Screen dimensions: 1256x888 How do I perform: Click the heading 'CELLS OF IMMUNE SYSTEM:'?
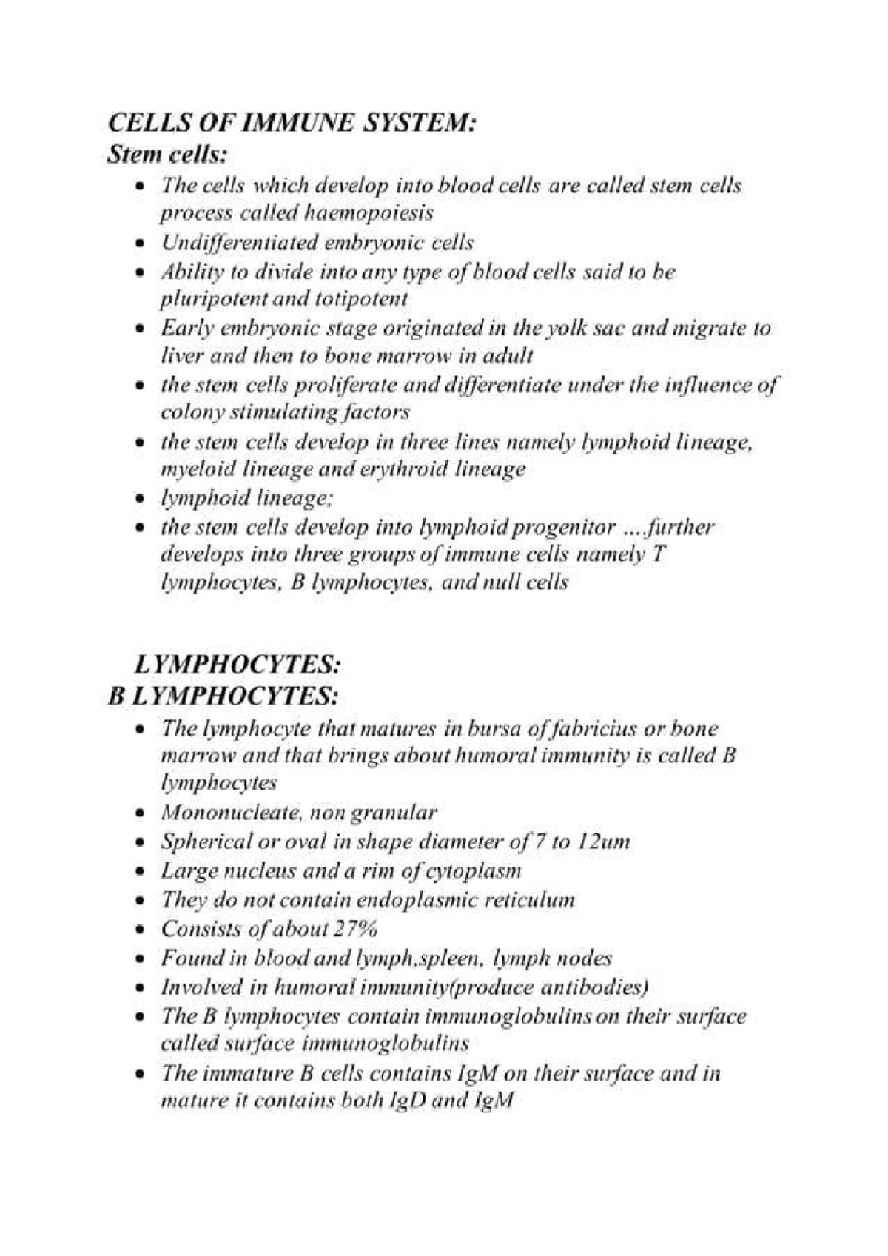[x=290, y=121]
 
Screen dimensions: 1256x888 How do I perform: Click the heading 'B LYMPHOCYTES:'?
[x=225, y=696]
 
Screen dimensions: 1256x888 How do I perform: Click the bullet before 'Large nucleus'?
[x=141, y=873]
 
